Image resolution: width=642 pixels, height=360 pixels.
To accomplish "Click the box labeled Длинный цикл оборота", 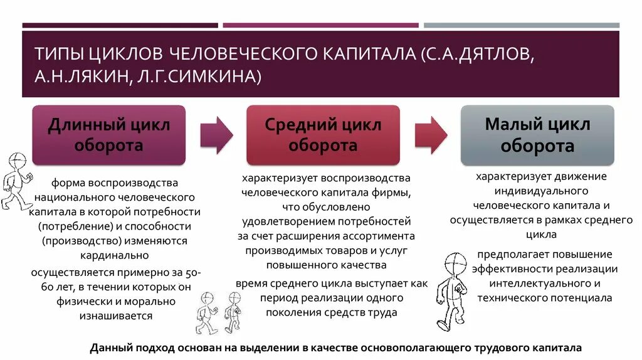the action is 109,135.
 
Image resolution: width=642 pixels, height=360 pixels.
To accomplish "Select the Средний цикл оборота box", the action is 323,135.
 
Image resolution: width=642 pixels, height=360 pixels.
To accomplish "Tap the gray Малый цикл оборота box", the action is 537,135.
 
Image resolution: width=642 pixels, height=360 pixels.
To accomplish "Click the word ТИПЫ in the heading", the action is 58,53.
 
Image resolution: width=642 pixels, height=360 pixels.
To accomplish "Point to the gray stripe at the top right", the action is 521,25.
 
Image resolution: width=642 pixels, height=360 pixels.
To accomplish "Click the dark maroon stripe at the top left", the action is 120,25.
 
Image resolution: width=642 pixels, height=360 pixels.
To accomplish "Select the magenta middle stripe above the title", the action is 320,25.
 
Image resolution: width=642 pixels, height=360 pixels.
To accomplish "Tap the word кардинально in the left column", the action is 114,255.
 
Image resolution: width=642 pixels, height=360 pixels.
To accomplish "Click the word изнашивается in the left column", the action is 116,315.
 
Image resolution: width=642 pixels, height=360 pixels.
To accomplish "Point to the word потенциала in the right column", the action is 581,298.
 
